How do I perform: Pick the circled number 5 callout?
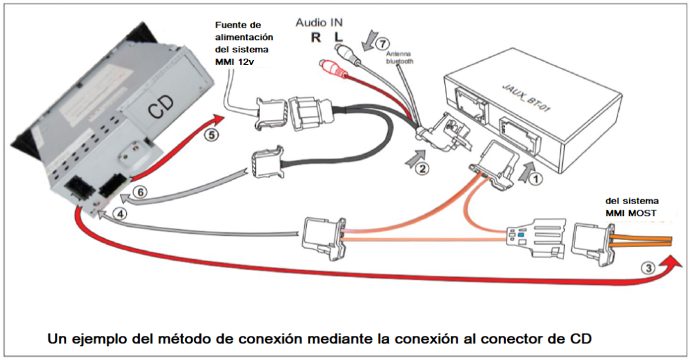(x=213, y=135)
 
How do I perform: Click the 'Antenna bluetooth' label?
(x=398, y=58)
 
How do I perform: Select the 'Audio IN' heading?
(x=319, y=22)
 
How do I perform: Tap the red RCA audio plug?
(x=327, y=68)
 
